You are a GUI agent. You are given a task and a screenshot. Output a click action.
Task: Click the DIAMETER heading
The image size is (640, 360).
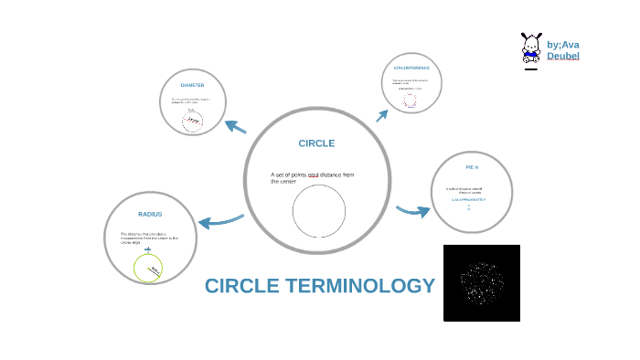[192, 85]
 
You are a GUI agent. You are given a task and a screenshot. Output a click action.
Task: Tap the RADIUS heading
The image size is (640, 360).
[150, 215]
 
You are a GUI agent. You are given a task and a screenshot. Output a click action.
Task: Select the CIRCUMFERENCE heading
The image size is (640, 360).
[417, 69]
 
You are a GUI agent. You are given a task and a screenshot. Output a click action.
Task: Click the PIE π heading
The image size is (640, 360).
[472, 167]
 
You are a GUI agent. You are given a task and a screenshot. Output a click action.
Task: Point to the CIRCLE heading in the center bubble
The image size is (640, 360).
[316, 143]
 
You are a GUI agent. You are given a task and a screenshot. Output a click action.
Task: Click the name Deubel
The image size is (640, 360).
[563, 57]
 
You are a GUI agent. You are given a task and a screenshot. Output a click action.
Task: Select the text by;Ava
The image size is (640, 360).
[563, 45]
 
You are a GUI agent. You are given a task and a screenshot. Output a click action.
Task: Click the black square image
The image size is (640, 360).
[482, 282]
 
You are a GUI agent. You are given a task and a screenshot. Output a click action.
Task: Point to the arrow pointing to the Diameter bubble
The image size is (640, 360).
[235, 127]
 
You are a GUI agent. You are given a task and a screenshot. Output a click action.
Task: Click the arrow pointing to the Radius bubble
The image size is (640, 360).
[220, 220]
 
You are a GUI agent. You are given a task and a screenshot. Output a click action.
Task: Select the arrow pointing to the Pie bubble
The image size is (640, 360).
[413, 211]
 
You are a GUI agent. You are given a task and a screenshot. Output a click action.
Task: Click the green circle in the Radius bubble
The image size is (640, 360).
[148, 269]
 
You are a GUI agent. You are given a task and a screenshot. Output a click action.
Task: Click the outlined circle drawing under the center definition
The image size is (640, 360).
[319, 210]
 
